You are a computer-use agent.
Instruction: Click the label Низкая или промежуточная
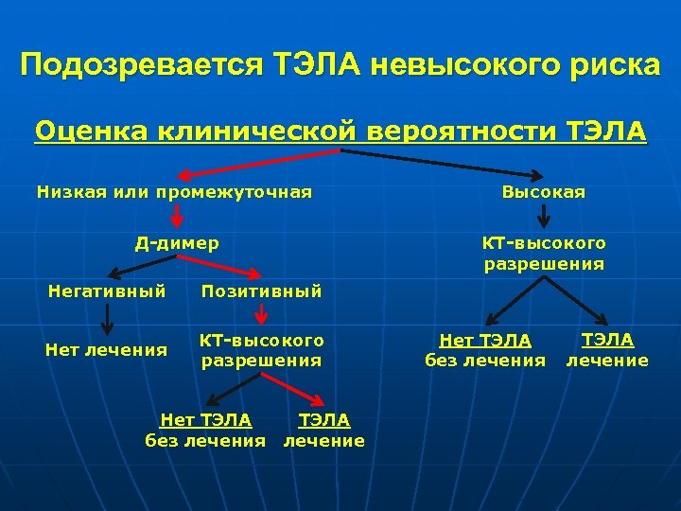[x=174, y=192]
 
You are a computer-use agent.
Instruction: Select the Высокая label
[x=544, y=192]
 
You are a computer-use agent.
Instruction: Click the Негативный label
[x=107, y=291]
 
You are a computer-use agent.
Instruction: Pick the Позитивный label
[x=261, y=291]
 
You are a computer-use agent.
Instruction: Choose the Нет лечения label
[x=107, y=350]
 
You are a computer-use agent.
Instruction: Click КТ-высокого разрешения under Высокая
[x=544, y=253]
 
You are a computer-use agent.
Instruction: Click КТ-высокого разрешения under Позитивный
[x=261, y=349]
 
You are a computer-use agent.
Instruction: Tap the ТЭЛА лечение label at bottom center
[x=324, y=430]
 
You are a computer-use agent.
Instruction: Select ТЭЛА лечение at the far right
[x=607, y=349]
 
